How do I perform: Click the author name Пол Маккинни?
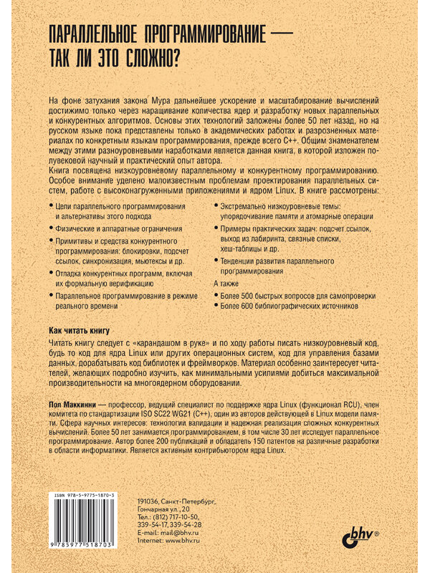coord(70,405)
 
